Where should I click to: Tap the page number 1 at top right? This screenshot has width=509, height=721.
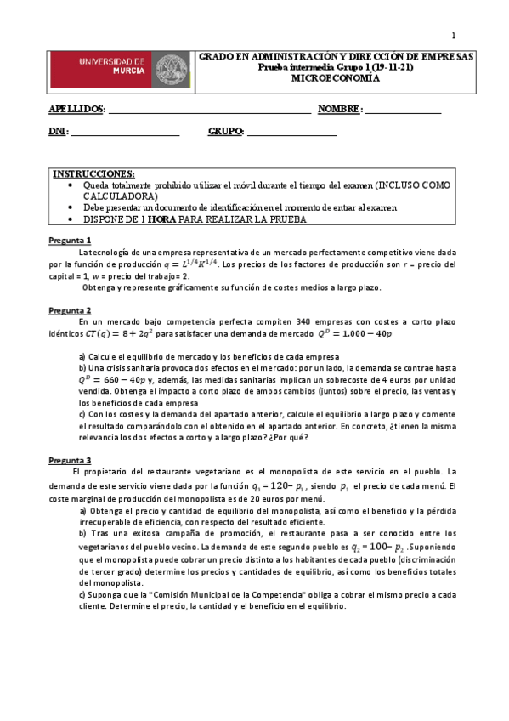453,35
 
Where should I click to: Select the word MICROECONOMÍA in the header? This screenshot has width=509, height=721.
337,77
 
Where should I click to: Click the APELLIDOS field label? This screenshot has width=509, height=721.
76,110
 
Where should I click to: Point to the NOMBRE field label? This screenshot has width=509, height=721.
340,110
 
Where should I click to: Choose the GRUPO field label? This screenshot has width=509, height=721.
226,132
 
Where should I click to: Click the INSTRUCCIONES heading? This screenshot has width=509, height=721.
93,174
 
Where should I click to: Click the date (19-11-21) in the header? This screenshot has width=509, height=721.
390,66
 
